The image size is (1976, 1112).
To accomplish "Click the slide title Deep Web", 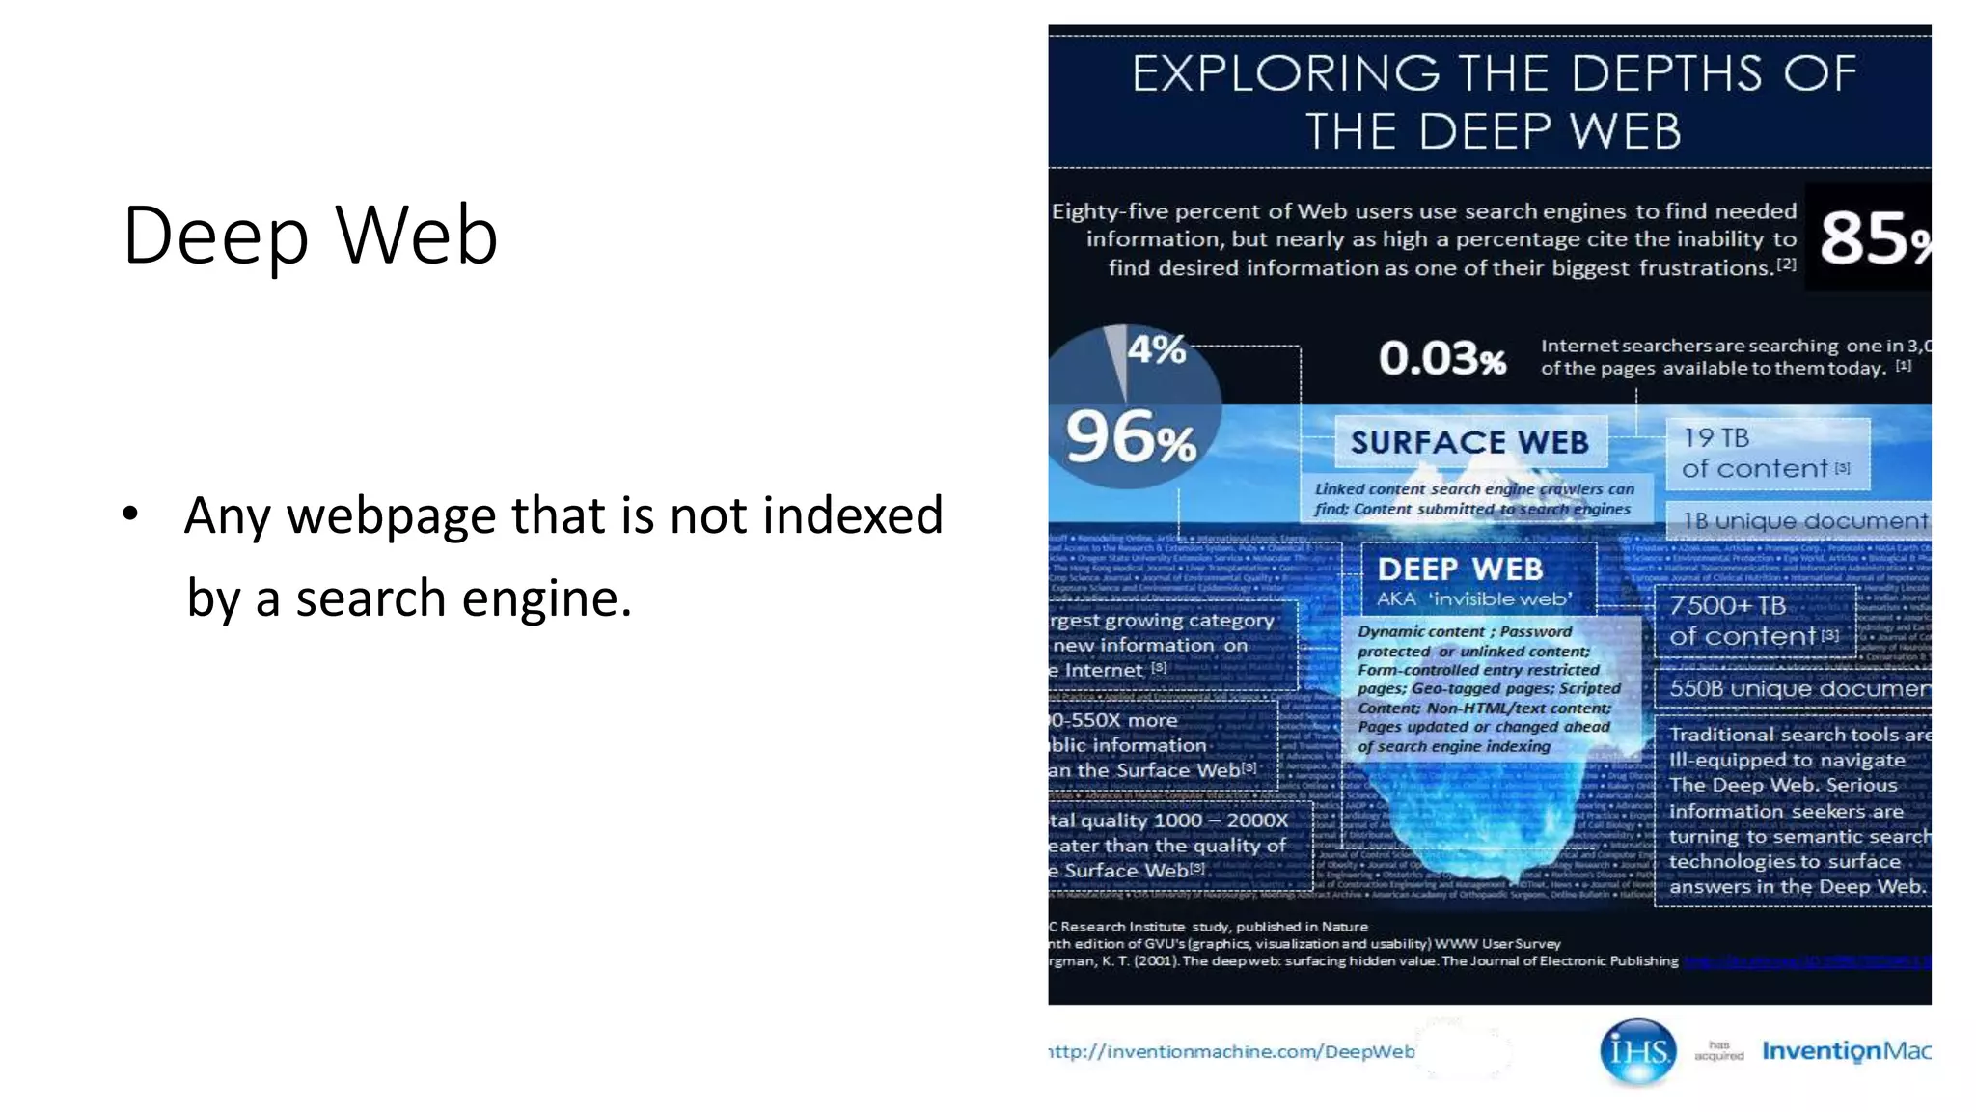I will (x=310, y=236).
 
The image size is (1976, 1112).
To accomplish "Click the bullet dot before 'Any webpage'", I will (x=131, y=514).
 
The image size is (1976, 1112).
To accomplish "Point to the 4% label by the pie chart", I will (x=1156, y=349).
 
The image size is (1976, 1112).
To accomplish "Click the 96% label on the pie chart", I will (x=1130, y=438).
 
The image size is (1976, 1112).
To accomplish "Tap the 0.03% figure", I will (x=1441, y=358).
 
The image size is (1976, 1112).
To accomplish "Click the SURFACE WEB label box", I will (x=1469, y=442).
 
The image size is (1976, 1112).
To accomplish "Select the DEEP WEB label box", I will (x=1460, y=570).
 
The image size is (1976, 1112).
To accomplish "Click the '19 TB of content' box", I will (x=1766, y=453).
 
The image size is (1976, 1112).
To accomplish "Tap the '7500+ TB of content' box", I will (x=1754, y=621).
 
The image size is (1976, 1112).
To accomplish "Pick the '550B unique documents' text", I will (x=1798, y=688).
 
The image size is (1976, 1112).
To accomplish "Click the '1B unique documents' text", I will (x=1804, y=521).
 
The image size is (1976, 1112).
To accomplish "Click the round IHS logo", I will (x=1637, y=1050).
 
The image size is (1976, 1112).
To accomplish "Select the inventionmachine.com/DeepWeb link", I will (x=1231, y=1051).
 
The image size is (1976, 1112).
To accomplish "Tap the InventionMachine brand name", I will (x=1846, y=1050).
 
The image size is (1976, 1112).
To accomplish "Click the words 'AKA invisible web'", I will (x=1473, y=599).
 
